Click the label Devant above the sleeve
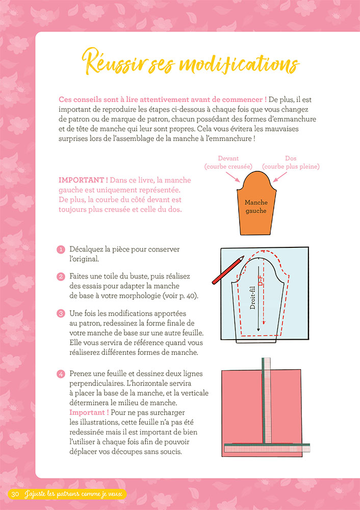tap(228, 159)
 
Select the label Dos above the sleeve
tap(291, 159)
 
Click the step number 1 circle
tap(61, 249)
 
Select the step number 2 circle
tap(61, 276)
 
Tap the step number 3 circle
tap(61, 313)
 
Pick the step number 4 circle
tap(61, 374)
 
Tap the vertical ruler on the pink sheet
tap(265, 403)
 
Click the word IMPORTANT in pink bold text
tap(83, 181)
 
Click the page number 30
tap(15, 494)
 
